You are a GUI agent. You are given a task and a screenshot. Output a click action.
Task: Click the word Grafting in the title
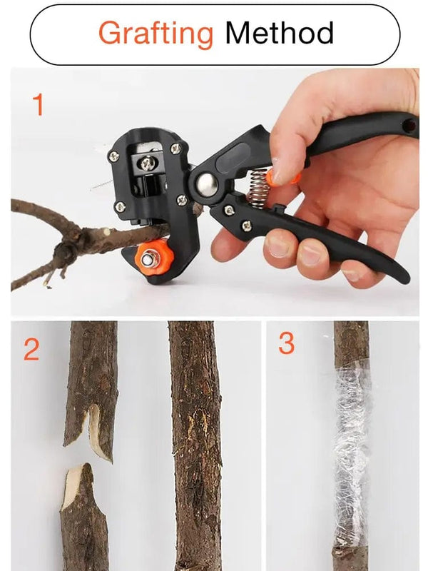click(156, 34)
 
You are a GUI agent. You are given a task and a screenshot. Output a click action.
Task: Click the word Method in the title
click(279, 34)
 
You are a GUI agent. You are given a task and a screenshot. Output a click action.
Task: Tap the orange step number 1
click(39, 106)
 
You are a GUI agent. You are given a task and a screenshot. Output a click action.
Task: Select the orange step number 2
click(31, 350)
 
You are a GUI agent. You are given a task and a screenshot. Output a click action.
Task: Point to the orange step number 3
click(285, 344)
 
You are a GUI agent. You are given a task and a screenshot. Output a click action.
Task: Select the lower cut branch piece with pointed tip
click(84, 514)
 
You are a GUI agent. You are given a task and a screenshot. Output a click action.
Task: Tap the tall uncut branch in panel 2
click(195, 443)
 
